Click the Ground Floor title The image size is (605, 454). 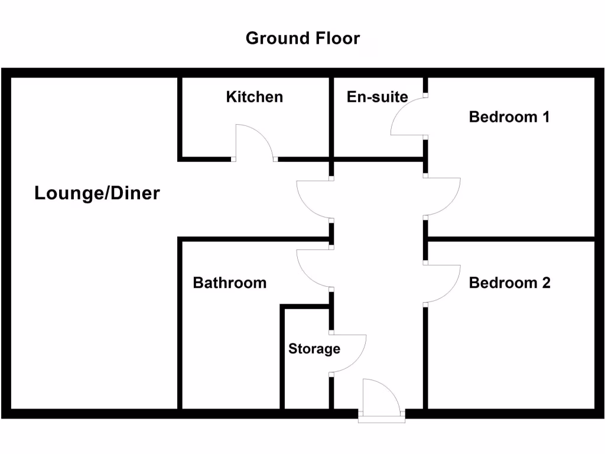302,38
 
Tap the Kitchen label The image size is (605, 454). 254,96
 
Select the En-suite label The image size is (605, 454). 377,96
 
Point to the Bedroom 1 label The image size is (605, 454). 509,116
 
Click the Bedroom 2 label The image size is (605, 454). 509,283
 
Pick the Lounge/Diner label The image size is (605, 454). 97,193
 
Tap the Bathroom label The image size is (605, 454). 229,283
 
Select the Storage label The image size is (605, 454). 314,349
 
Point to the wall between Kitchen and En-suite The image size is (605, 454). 331,118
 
